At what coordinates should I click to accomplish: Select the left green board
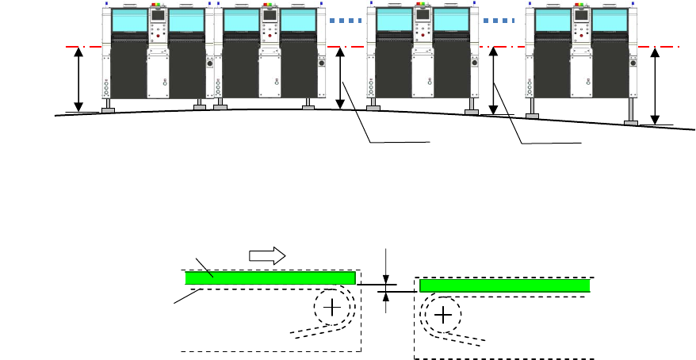(x=270, y=278)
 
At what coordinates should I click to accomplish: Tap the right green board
(x=505, y=285)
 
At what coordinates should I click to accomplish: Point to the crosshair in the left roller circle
(x=331, y=307)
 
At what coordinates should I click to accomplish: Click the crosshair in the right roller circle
(x=443, y=316)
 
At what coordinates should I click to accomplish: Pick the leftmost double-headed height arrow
(x=78, y=79)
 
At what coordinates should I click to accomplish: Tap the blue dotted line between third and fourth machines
(x=500, y=20)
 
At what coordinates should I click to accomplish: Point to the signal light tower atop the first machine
(x=158, y=5)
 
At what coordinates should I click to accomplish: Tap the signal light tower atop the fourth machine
(x=581, y=5)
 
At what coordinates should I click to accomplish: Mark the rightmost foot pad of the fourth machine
(x=631, y=122)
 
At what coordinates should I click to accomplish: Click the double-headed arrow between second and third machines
(x=340, y=78)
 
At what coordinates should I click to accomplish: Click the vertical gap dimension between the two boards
(x=386, y=287)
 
